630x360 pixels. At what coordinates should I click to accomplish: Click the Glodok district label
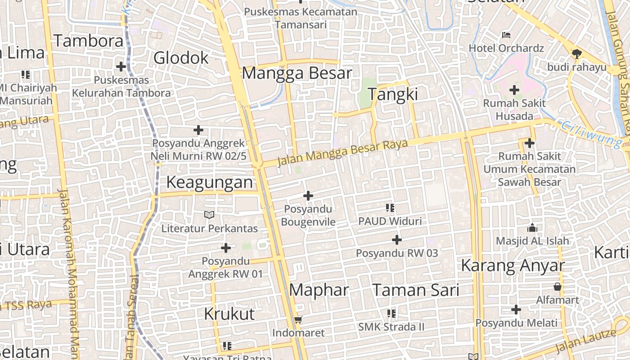click(x=181, y=58)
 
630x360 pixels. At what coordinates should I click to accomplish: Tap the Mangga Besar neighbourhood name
click(x=297, y=72)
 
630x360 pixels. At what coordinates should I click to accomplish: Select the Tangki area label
click(x=393, y=94)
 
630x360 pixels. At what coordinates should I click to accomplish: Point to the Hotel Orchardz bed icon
click(x=506, y=35)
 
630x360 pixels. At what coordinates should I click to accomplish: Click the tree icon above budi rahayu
click(x=576, y=54)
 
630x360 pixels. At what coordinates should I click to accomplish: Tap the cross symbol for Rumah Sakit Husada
click(x=514, y=90)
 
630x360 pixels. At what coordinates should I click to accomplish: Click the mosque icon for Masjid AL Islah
click(x=532, y=228)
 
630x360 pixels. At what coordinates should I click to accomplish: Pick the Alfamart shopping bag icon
click(x=558, y=287)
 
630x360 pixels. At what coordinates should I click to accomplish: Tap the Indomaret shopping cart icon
click(x=298, y=320)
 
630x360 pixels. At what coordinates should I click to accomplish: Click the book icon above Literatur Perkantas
click(x=209, y=215)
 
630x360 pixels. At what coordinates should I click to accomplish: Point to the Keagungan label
click(x=210, y=182)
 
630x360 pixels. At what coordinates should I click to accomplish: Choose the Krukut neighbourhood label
click(x=229, y=314)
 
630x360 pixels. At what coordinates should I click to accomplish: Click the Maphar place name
click(x=319, y=290)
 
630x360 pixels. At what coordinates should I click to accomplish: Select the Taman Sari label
click(x=416, y=290)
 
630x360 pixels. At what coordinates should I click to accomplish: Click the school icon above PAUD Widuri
click(x=390, y=208)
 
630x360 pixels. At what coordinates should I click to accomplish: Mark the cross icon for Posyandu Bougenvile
click(x=308, y=196)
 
